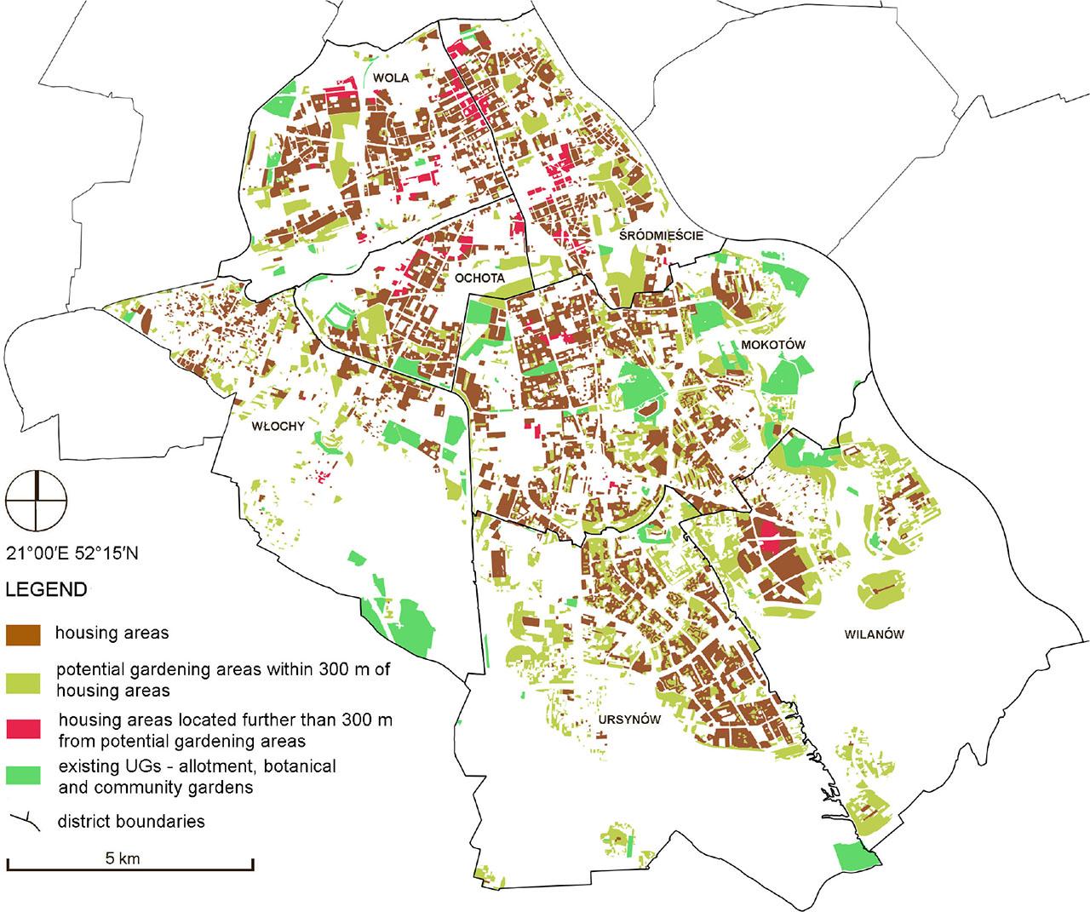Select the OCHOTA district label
click(x=479, y=278)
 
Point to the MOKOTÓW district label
click(x=772, y=344)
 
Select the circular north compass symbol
click(x=36, y=498)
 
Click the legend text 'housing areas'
click(x=112, y=633)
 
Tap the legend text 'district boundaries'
click(x=131, y=822)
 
